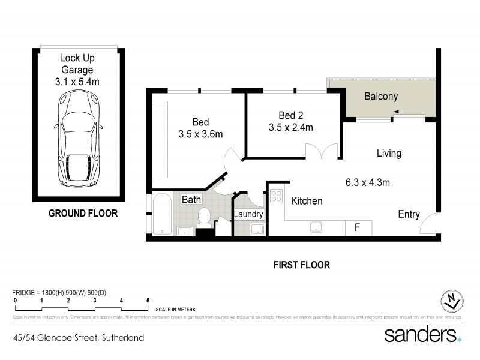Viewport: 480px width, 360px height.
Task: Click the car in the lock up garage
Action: point(77,139)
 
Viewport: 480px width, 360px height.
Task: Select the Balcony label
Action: point(381,96)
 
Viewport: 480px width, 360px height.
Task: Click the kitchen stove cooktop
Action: point(277,196)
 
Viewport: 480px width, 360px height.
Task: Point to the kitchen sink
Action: point(315,227)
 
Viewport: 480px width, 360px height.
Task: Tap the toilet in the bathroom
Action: point(203,217)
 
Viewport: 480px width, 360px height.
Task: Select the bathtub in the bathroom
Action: point(161,214)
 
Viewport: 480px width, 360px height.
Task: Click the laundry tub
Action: point(258,230)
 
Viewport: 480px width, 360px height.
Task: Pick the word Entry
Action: point(409,215)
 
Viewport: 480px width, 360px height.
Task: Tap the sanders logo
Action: point(421,334)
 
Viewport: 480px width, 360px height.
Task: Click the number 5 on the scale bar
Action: point(148,300)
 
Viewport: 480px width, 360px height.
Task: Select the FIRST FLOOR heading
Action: point(302,265)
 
